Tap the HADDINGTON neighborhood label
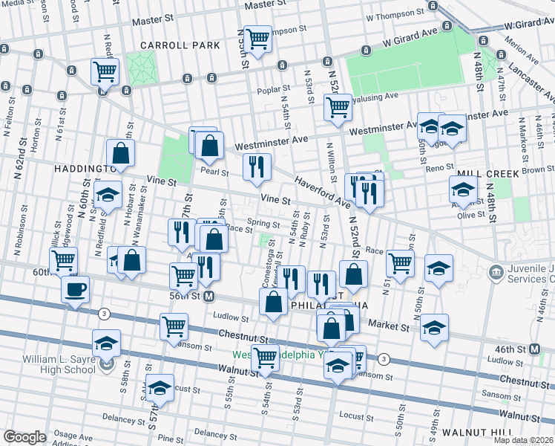(82, 169)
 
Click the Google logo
(24, 437)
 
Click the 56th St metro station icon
(209, 296)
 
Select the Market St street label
(393, 326)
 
